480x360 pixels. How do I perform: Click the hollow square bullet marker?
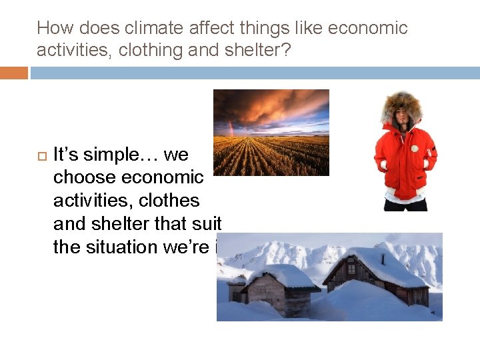coord(41,155)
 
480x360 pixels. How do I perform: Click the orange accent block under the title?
coord(14,73)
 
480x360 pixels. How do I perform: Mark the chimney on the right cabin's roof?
coord(382,257)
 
